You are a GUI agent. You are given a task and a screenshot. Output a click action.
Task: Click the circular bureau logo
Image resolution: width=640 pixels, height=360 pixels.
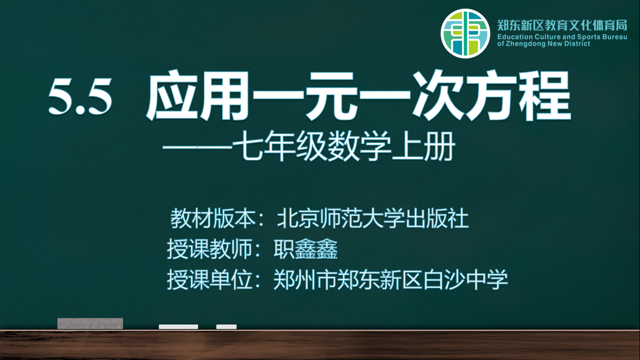coord(465,33)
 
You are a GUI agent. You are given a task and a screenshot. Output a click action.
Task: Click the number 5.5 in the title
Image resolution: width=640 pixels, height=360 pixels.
coord(80,97)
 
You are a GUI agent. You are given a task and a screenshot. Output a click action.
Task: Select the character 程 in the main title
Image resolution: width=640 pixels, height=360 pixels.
coord(544,96)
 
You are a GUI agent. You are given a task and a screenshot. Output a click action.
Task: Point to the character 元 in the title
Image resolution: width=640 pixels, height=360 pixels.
coord(331,96)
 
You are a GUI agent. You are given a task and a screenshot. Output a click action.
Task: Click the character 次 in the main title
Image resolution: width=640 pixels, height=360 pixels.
coord(439,96)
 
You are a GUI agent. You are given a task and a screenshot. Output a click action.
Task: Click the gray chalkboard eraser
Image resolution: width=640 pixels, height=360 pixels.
coord(90,323)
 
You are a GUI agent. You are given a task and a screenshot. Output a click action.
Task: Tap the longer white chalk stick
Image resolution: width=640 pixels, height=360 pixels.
coord(179,327)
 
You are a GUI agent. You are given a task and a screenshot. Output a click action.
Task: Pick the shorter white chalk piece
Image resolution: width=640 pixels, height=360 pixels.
coord(226,327)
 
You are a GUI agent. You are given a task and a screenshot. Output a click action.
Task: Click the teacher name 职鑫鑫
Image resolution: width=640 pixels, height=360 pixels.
coord(305,249)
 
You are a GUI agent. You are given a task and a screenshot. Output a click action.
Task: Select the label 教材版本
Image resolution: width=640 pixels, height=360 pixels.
coord(213,219)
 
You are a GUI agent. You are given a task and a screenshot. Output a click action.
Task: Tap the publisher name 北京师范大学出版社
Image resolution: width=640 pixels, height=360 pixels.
coord(373,219)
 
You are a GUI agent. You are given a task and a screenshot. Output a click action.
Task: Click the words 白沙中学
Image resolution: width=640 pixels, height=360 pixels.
coord(465,280)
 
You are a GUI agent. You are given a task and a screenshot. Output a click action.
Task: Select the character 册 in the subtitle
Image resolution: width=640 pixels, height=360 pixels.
coord(439,146)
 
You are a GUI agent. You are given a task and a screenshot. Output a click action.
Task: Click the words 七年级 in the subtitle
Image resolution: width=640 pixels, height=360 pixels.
coord(280,146)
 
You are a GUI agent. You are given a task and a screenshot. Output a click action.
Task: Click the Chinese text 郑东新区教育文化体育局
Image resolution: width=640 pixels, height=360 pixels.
coord(562,26)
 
